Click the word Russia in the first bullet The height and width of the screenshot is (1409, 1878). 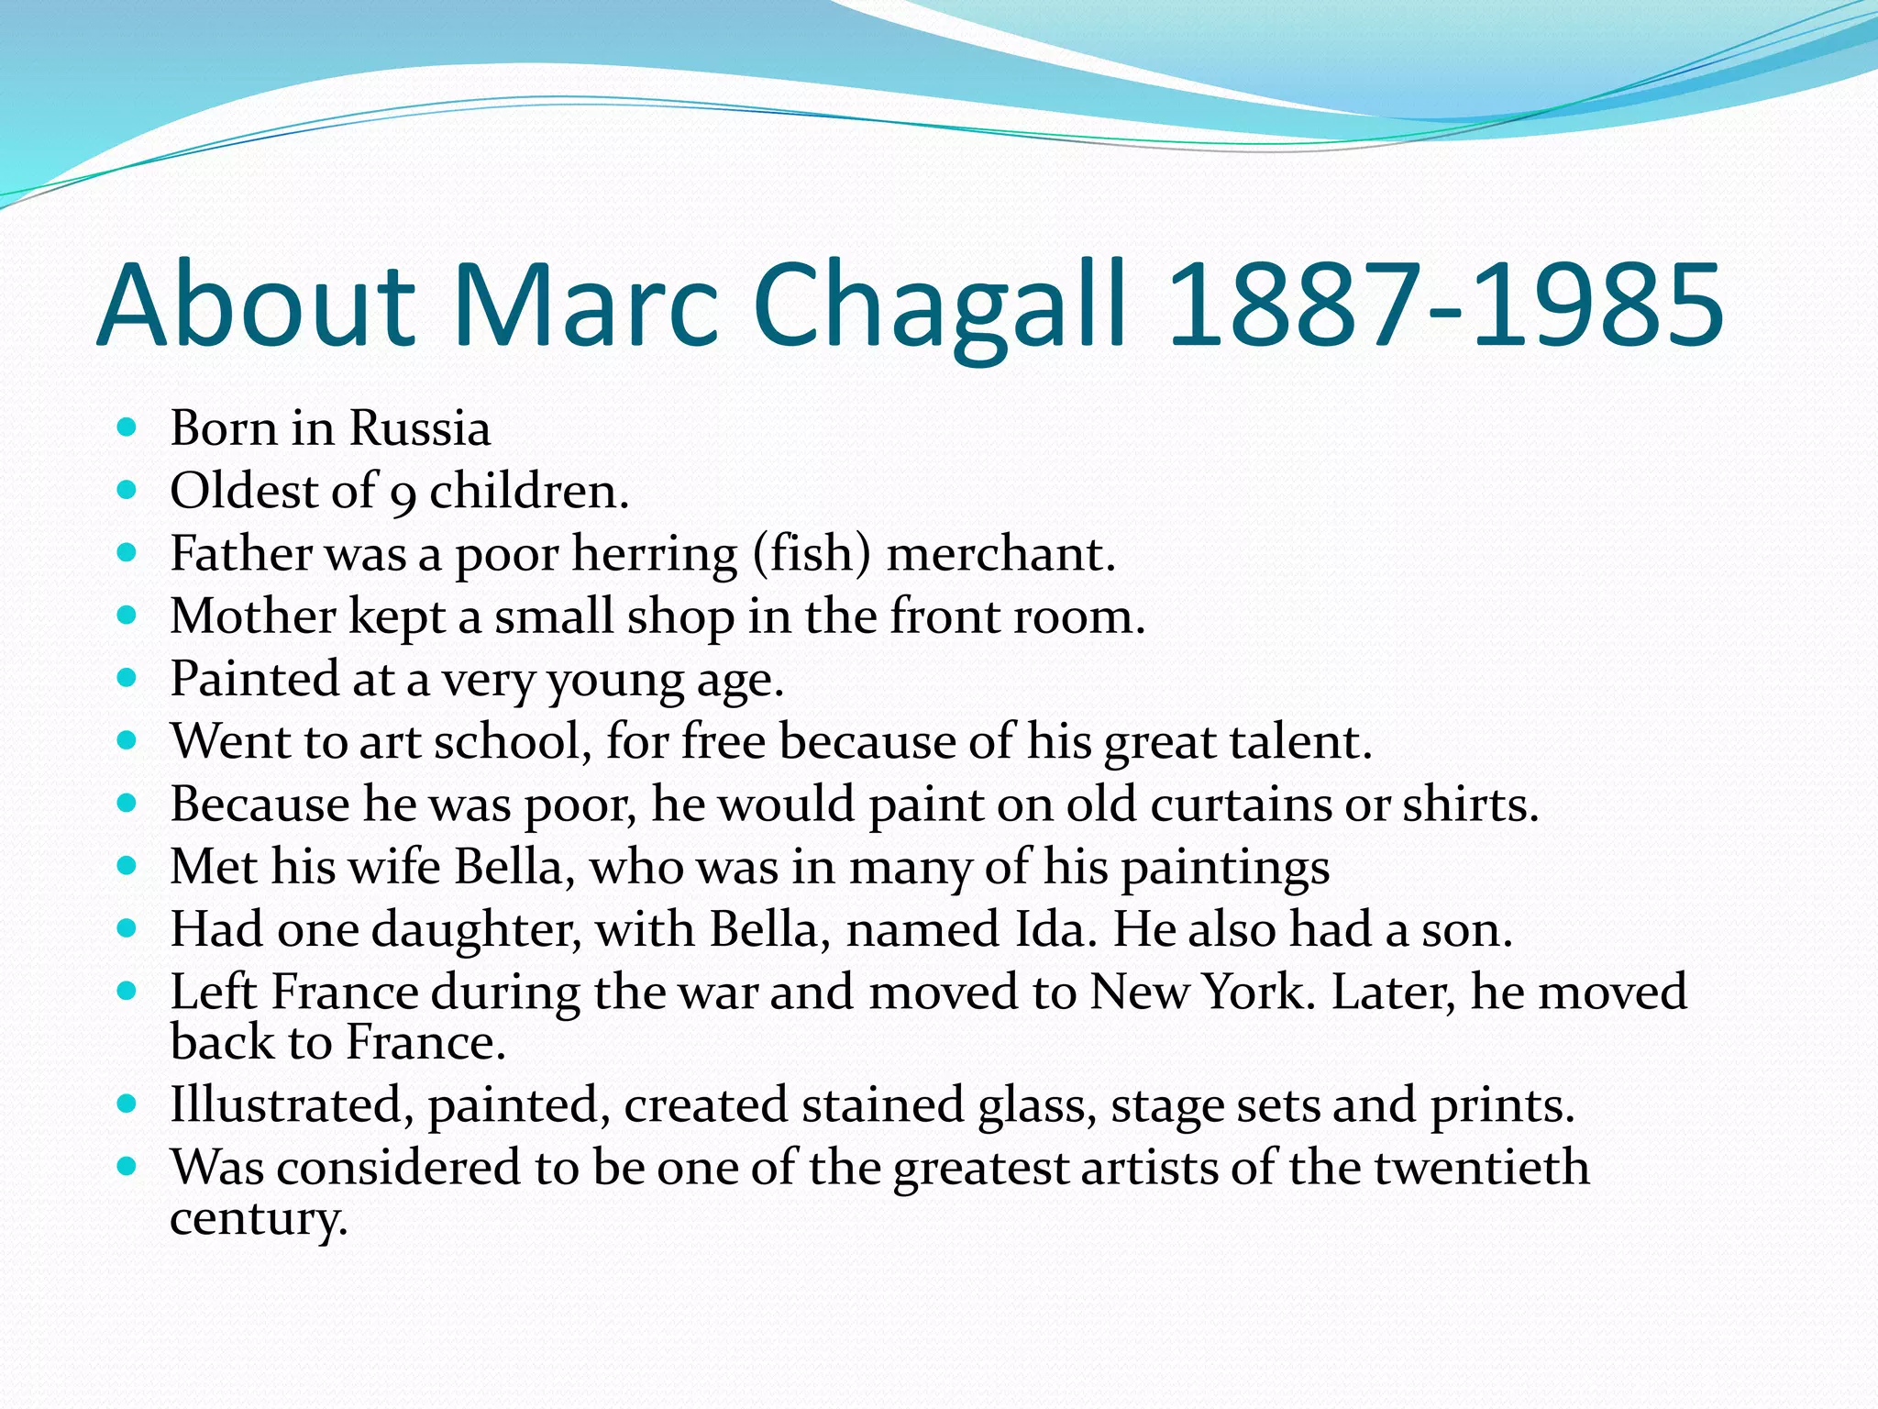tap(420, 428)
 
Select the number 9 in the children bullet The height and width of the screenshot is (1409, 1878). tap(403, 494)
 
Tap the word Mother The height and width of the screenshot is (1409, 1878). tap(253, 616)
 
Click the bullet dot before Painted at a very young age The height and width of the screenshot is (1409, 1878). tap(127, 678)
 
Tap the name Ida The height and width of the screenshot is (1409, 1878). tap(1054, 929)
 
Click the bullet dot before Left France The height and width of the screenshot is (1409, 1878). tap(127, 991)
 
